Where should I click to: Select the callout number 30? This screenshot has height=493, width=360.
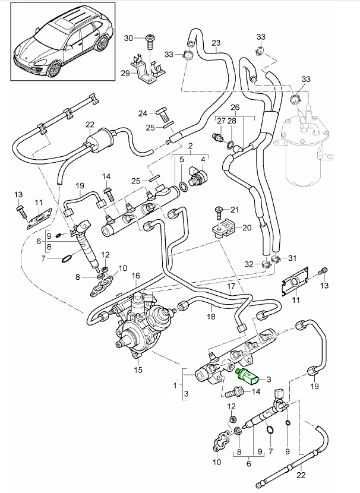(129, 38)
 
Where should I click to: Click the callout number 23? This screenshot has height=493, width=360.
(215, 43)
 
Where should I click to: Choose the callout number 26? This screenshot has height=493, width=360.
(235, 107)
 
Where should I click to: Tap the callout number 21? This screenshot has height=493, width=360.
(233, 209)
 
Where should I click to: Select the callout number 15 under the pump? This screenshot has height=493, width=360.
(138, 370)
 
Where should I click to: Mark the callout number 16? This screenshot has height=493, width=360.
(135, 276)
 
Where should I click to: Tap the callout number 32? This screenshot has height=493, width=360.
(250, 264)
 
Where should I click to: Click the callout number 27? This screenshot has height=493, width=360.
(220, 121)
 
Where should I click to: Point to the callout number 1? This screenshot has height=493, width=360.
(175, 385)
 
